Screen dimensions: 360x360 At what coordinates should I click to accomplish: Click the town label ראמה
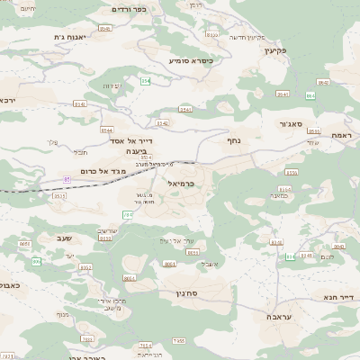point(346,134)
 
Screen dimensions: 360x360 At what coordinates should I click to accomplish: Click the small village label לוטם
point(326,257)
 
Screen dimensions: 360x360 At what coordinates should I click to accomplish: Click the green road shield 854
point(146,81)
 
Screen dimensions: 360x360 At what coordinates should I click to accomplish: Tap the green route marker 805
point(37,262)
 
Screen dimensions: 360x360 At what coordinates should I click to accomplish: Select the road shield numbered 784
point(128,215)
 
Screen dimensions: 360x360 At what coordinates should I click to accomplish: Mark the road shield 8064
point(130,279)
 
